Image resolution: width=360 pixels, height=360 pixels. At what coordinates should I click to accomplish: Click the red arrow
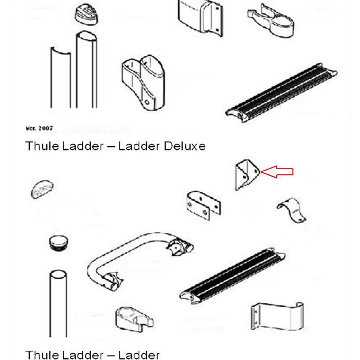pos(278,172)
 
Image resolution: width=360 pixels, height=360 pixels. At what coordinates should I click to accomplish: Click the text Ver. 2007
pos(37,127)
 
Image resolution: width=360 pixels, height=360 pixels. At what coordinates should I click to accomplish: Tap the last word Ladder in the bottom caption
pos(139,354)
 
